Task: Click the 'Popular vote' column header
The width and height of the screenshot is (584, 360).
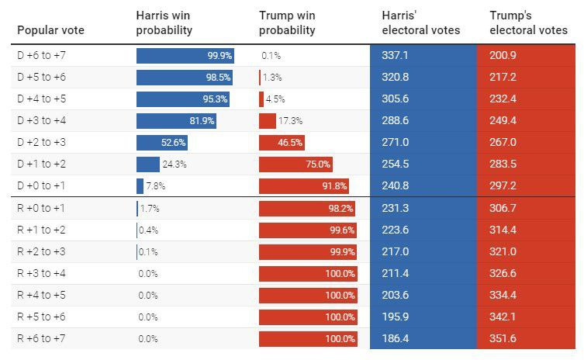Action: [50, 30]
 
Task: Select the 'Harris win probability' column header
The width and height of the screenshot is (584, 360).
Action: [164, 23]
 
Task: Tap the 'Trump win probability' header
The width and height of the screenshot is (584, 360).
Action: [287, 23]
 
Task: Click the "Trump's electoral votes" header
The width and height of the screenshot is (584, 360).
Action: [528, 23]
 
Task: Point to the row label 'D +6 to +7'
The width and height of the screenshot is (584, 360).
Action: [43, 56]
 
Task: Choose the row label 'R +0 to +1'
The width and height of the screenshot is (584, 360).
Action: [43, 209]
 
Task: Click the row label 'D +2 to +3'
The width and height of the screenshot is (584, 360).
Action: [43, 143]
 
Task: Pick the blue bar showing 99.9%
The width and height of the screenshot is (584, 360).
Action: [185, 56]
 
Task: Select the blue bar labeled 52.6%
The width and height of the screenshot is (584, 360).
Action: [161, 143]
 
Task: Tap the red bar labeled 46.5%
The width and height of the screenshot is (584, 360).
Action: [281, 143]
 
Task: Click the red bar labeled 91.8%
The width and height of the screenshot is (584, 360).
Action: [303, 186]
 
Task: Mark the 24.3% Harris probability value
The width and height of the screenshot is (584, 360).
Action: [175, 164]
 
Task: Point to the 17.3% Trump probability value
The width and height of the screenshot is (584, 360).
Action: [290, 121]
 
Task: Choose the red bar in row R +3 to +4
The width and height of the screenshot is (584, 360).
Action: [308, 274]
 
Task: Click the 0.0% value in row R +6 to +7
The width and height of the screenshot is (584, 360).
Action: [149, 339]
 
